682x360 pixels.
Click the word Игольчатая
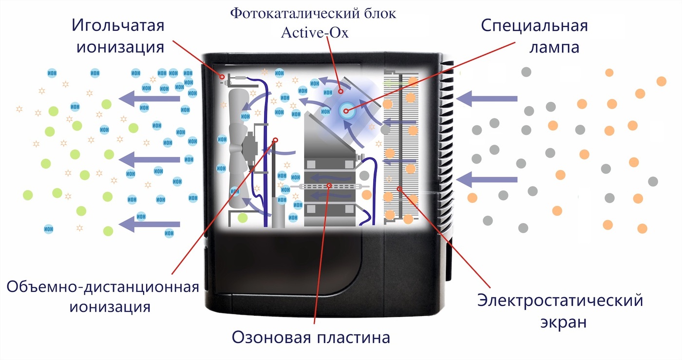pyautogui.click(x=118, y=25)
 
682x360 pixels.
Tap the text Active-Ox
pyautogui.click(x=315, y=32)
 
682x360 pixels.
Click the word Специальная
pyautogui.click(x=534, y=25)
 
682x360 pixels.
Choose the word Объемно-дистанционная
pyautogui.click(x=103, y=286)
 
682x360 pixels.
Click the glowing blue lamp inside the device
pyautogui.click(x=346, y=111)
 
